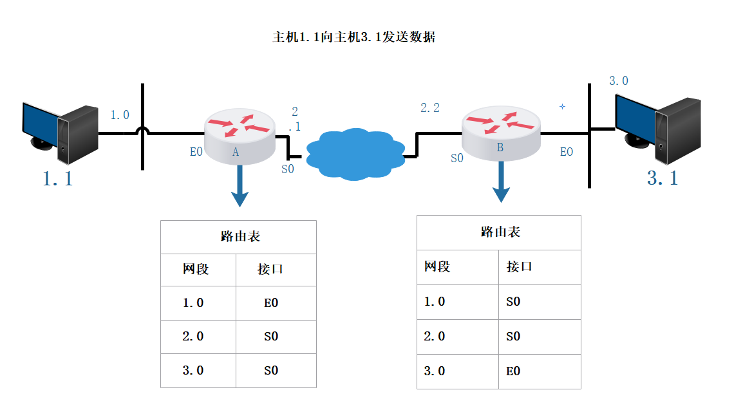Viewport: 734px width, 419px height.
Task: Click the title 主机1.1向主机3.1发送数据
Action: pyautogui.click(x=353, y=37)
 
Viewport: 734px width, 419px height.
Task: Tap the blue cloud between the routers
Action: pyautogui.click(x=354, y=154)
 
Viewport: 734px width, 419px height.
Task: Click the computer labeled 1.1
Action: pyautogui.click(x=59, y=129)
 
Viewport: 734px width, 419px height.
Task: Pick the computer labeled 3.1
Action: pyautogui.click(x=657, y=129)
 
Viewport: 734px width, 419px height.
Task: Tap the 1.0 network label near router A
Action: pyautogui.click(x=120, y=115)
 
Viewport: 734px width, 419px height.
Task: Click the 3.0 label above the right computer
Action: pyautogui.click(x=619, y=81)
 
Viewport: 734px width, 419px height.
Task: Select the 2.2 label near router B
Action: pyautogui.click(x=430, y=108)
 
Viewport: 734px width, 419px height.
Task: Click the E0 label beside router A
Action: pyautogui.click(x=196, y=153)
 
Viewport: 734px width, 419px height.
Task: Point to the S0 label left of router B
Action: pyautogui.click(x=456, y=158)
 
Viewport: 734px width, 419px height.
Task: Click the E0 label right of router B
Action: pyautogui.click(x=566, y=152)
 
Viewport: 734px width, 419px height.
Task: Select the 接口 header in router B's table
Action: pyautogui.click(x=519, y=266)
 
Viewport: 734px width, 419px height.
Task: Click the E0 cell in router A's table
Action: pyautogui.click(x=271, y=303)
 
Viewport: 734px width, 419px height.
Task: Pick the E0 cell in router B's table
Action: pyautogui.click(x=513, y=371)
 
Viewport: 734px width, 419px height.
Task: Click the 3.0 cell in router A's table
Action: pyautogui.click(x=193, y=370)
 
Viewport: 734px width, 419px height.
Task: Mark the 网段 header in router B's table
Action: pyautogui.click(x=437, y=266)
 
